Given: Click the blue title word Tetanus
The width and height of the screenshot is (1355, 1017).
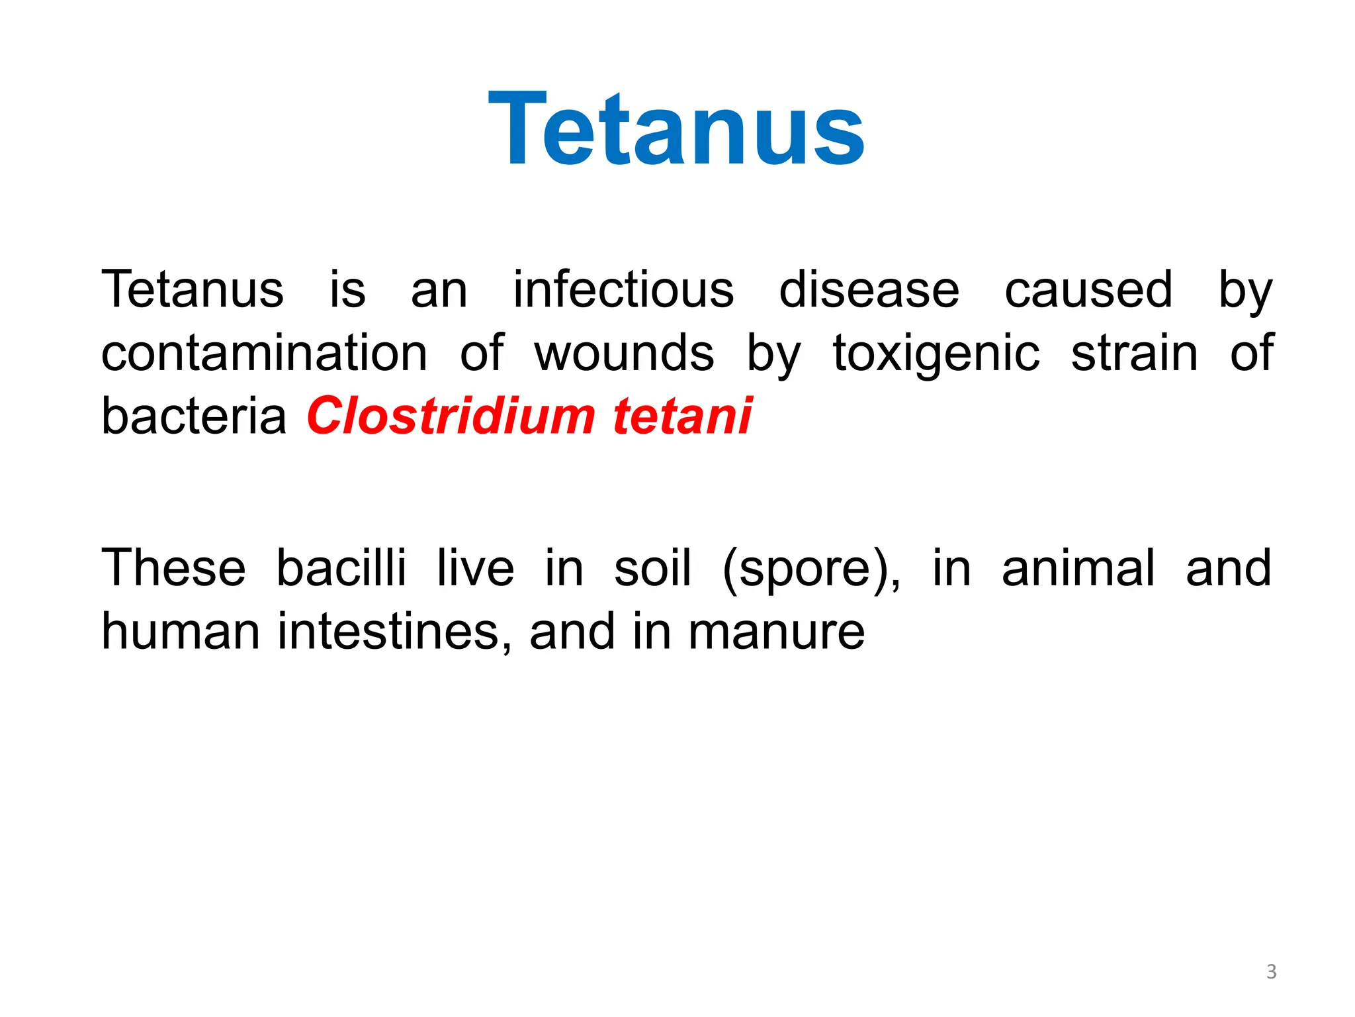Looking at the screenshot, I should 676,129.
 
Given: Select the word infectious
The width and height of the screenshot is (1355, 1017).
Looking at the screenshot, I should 623,290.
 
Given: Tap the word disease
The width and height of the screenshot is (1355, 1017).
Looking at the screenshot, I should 869,290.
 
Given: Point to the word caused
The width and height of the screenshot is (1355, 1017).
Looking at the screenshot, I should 1088,290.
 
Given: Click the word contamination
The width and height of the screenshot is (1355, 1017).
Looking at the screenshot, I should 264,353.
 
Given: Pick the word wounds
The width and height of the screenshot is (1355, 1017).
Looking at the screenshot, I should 624,353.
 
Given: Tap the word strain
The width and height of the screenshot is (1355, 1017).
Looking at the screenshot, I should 1134,353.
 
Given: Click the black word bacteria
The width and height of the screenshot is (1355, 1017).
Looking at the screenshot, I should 193,416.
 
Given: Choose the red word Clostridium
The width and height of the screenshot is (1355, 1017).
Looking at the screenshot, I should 451,416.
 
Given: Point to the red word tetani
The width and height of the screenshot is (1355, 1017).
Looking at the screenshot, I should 682,416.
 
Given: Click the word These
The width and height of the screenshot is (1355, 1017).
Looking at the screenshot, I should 173,568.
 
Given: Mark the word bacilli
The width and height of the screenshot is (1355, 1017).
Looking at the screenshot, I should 341,568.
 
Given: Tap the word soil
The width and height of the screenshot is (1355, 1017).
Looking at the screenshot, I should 652,568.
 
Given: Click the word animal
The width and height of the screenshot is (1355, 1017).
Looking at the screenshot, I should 1078,568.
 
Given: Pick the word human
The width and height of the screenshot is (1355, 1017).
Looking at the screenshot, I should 180,632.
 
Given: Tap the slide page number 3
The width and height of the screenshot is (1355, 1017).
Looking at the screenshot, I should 1271,971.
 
